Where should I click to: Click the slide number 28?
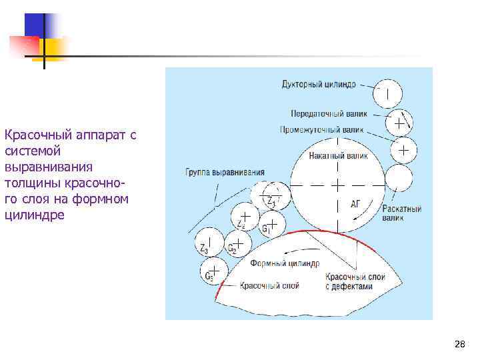pos(459,344)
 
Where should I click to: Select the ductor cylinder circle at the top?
pos(387,92)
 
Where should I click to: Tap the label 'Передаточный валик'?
pos(329,113)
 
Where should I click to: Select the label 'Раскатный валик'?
pos(402,213)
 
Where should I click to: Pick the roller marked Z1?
pos(271,195)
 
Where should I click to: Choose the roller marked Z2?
pos(245,217)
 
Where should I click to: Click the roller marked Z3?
pos(208,241)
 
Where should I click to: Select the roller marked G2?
pos(237,244)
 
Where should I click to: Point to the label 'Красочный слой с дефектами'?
pos(354,281)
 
